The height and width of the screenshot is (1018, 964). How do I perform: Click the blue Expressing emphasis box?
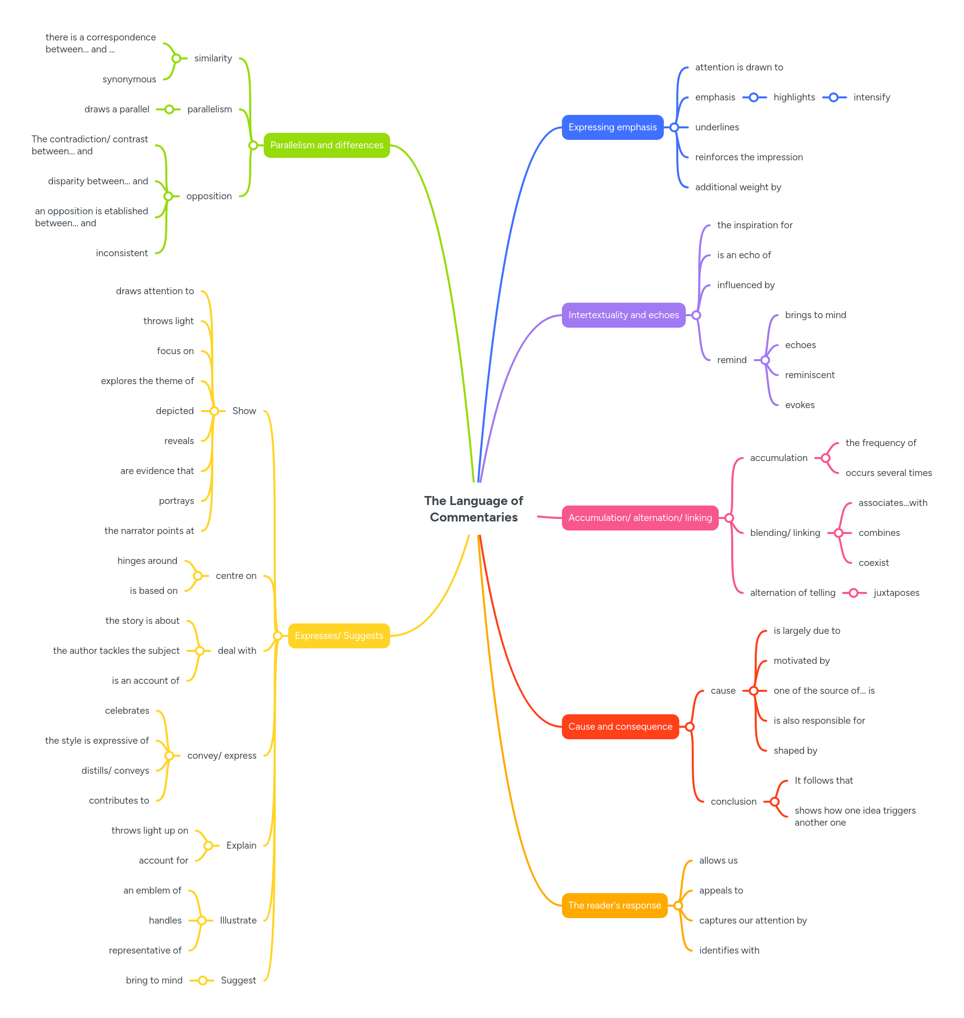(612, 127)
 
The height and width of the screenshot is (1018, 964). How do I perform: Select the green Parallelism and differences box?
(326, 145)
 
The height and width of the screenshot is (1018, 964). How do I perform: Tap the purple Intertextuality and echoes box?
(623, 315)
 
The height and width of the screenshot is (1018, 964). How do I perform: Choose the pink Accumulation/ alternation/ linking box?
(639, 518)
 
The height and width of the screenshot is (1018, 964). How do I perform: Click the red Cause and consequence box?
(620, 727)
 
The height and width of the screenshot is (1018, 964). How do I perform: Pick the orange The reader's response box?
(614, 906)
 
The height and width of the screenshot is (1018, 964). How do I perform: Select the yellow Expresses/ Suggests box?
(339, 636)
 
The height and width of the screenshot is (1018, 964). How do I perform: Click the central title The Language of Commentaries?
(474, 509)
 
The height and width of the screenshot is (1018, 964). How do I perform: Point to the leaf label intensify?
(872, 97)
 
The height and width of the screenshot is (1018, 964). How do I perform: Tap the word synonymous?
(129, 79)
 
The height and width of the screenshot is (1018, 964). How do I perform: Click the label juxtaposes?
(896, 593)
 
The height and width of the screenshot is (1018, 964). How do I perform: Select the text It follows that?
(823, 781)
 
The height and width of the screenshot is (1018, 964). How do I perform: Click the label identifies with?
(729, 951)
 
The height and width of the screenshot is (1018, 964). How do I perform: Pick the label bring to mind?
(154, 981)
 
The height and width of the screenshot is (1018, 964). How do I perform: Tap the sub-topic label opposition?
(209, 196)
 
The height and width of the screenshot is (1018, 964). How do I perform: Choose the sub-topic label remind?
(731, 360)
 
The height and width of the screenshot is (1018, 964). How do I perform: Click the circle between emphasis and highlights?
(753, 97)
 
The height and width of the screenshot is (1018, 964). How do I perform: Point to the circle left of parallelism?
(169, 109)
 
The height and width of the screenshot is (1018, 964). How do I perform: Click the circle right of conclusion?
(774, 802)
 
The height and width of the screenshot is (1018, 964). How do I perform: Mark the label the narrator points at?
(149, 531)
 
